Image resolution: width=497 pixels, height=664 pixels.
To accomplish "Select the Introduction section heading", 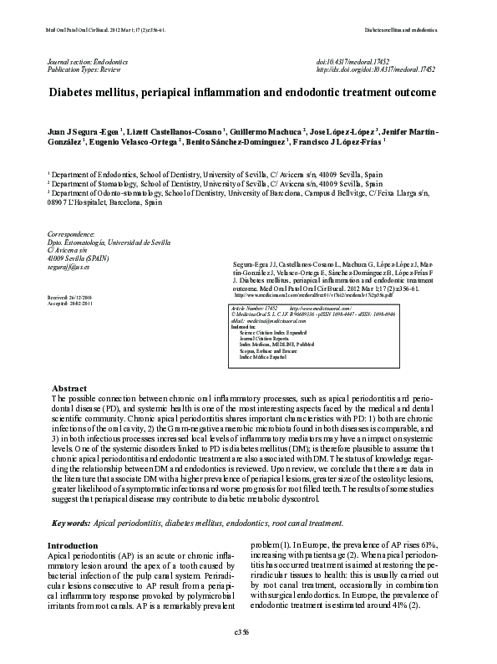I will (x=74, y=545).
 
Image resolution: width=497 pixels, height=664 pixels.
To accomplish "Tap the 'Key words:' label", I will (x=71, y=523).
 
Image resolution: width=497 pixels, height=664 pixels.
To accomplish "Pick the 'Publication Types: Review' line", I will (x=84, y=71).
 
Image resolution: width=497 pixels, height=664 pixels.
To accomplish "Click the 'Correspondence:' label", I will (x=71, y=235).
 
